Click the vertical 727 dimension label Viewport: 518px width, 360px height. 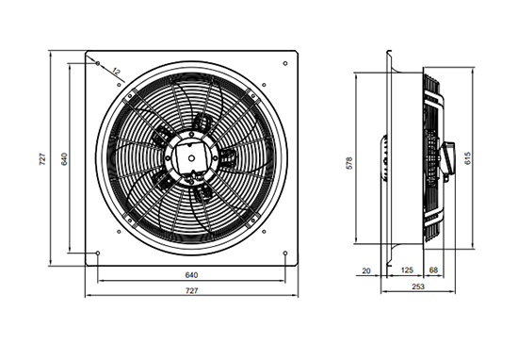pos(43,159)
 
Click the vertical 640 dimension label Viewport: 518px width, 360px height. pos(64,159)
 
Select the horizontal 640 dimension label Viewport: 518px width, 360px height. pos(191,275)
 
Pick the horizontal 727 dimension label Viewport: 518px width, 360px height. pos(191,290)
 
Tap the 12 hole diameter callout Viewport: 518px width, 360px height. pos(116,72)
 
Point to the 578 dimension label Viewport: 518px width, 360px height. pos(349,163)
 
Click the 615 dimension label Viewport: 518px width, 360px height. pos(467,158)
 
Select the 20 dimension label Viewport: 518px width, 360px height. pos(366,271)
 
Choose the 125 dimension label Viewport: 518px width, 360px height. pos(407,270)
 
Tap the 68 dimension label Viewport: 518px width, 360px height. pos(433,270)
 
